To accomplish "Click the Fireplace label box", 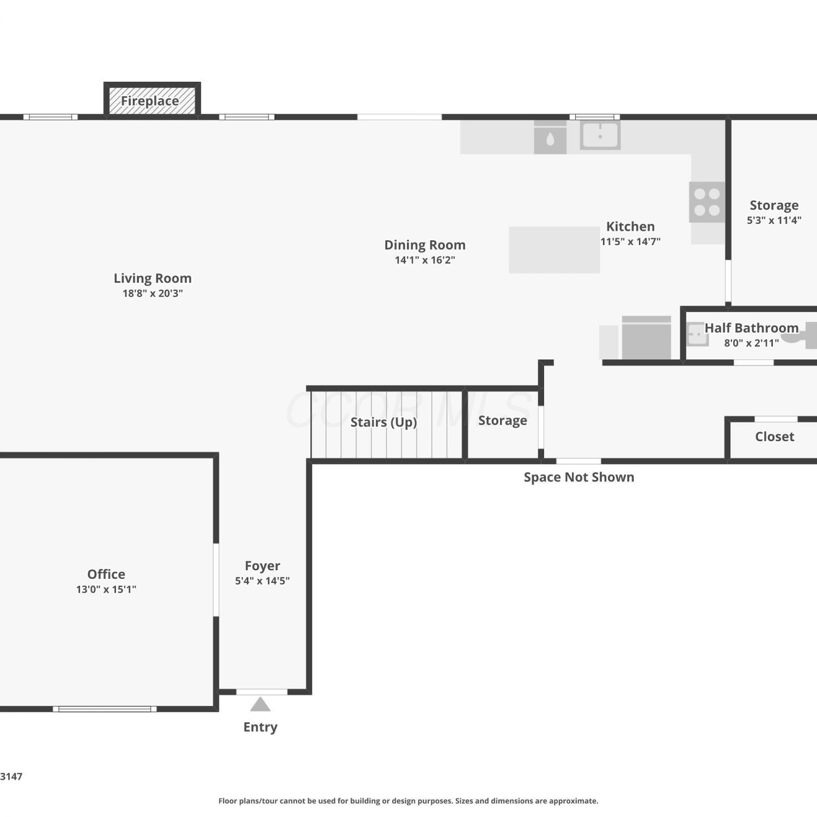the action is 152,100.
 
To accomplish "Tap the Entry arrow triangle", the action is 260,704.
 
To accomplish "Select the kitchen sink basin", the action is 600,135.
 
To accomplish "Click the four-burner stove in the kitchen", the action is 707,202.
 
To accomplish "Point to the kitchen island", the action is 554,249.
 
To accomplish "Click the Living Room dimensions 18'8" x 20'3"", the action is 153,293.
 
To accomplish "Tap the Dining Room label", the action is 425,245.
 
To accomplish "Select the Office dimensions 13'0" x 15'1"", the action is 106,589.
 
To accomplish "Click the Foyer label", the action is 263,566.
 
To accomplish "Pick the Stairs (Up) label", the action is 383,422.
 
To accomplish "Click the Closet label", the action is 775,436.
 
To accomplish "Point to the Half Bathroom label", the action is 752,328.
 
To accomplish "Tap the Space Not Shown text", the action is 579,477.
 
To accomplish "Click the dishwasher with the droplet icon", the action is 550,137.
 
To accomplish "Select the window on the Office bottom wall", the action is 105,709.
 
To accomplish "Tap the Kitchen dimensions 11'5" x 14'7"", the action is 631,241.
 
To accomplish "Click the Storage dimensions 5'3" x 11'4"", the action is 774,220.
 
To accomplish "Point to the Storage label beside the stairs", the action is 503,420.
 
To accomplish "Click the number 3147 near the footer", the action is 11,776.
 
